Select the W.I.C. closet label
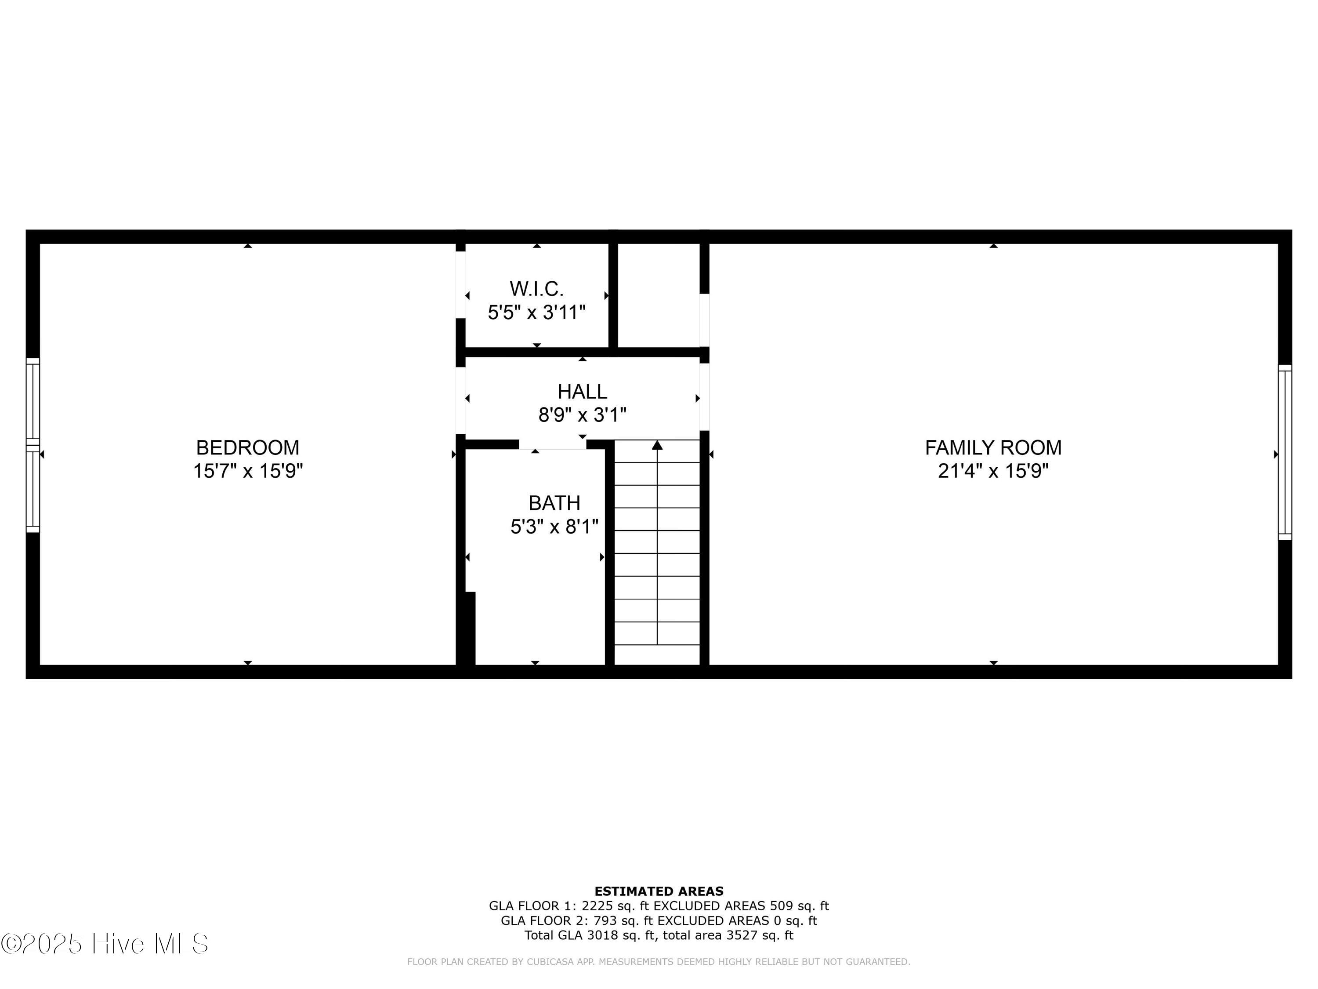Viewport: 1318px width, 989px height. click(x=536, y=289)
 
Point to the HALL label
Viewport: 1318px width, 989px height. click(x=582, y=392)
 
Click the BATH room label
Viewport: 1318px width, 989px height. click(x=554, y=503)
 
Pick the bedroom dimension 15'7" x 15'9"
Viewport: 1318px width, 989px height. click(x=247, y=471)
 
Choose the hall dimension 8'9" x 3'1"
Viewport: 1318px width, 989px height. click(x=582, y=415)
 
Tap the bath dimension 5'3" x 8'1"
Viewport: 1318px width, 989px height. click(x=554, y=527)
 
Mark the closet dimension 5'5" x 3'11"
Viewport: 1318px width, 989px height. click(x=536, y=313)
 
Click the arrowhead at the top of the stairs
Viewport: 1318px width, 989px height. click(x=657, y=445)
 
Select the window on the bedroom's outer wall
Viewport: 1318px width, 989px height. click(x=33, y=445)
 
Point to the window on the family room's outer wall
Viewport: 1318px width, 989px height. click(x=1285, y=452)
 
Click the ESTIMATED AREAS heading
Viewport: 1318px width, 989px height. click(x=659, y=891)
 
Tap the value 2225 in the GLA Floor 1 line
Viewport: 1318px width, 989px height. click(x=597, y=906)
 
